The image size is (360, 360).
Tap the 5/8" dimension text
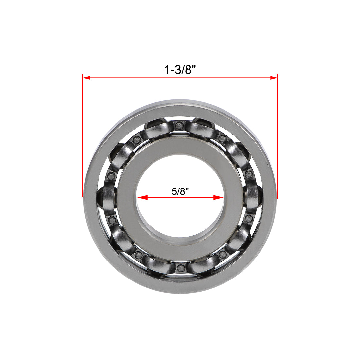pyautogui.click(x=181, y=191)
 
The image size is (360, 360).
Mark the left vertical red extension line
pyautogui.click(x=83, y=137)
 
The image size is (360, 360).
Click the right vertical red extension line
pyautogui.click(x=277, y=137)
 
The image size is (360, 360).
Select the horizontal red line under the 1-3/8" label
pyautogui.click(x=180, y=78)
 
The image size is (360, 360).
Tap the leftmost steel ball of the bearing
pyautogui.click(x=107, y=197)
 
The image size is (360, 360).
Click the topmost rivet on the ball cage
pyautogui.click(x=179, y=125)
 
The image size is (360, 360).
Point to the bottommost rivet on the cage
pyautogui.click(x=180, y=268)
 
